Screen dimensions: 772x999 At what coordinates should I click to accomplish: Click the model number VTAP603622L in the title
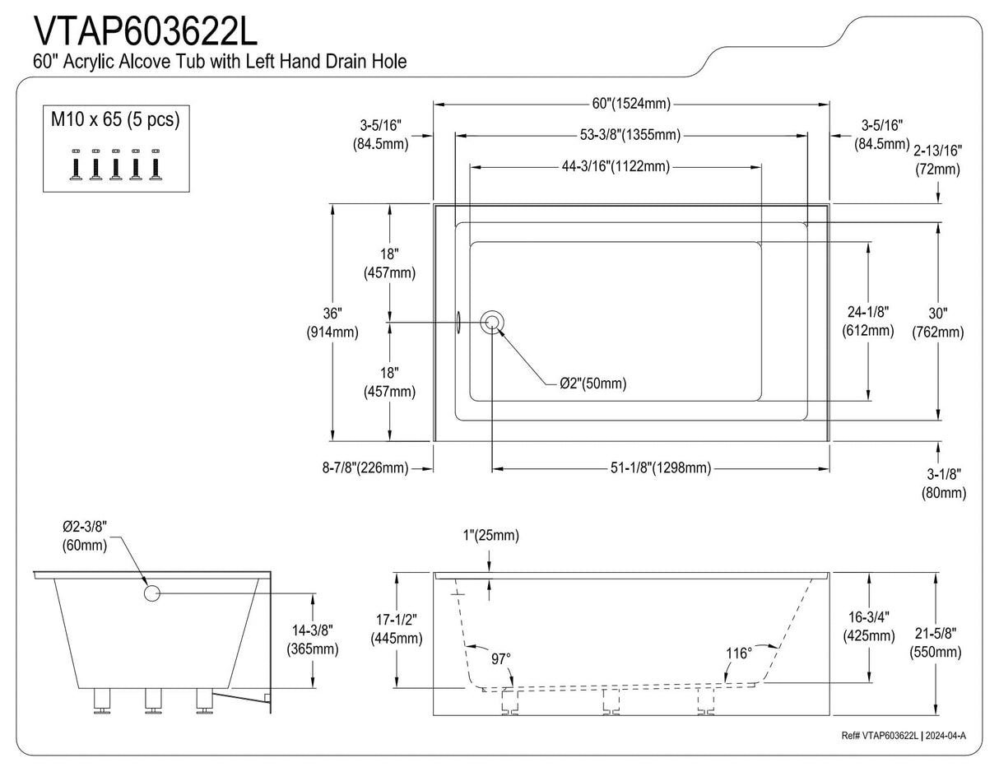[146, 31]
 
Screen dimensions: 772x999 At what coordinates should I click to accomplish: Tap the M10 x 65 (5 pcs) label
[115, 119]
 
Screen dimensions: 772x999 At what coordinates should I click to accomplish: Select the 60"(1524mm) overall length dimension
[631, 104]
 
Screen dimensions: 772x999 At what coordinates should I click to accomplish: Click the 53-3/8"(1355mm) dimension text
[631, 135]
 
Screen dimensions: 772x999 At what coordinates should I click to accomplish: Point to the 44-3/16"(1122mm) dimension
[616, 166]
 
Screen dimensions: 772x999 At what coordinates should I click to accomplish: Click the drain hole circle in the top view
[493, 322]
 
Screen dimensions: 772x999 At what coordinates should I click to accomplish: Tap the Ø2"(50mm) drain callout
[592, 384]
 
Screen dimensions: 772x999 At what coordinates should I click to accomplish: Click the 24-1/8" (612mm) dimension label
[867, 321]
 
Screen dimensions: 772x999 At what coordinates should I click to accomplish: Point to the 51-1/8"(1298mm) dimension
[661, 468]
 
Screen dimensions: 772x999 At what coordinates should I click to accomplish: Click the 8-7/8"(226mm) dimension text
[365, 468]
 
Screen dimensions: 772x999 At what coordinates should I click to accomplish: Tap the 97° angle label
[501, 658]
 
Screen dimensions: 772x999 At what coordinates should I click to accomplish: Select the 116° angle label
[738, 653]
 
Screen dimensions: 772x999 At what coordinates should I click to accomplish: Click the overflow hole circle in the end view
[151, 593]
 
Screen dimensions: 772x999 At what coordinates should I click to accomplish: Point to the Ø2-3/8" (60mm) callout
[86, 536]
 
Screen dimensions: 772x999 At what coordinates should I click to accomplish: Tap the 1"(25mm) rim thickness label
[490, 536]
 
